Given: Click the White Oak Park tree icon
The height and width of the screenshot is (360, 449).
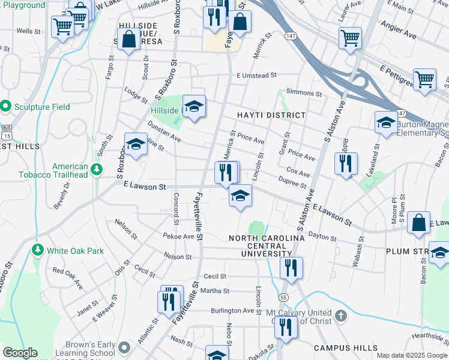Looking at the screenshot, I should point(38,249).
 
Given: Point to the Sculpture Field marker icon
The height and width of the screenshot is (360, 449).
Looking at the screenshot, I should point(6,107).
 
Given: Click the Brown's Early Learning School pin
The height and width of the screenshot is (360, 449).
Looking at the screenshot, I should point(124,347).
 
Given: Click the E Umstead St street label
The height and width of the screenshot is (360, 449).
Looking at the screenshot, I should point(256,76).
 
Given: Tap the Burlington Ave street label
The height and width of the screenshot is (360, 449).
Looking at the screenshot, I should point(232,311).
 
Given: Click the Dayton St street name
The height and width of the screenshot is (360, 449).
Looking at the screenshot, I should point(324,238).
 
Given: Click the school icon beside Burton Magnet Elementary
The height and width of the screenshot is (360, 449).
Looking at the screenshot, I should point(385,123).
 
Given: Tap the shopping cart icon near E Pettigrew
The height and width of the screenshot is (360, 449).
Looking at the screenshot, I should point(424,79).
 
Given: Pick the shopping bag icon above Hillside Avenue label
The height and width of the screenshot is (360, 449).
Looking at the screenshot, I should point(129,39).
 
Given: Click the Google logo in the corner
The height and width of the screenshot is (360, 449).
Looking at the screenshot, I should point(20,353).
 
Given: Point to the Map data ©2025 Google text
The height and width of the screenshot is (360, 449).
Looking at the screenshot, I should point(412,355).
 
